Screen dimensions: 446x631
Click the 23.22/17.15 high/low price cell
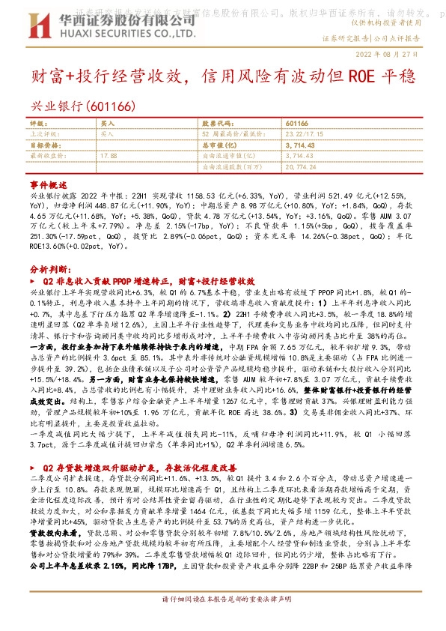pyautogui.click(x=302, y=132)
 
